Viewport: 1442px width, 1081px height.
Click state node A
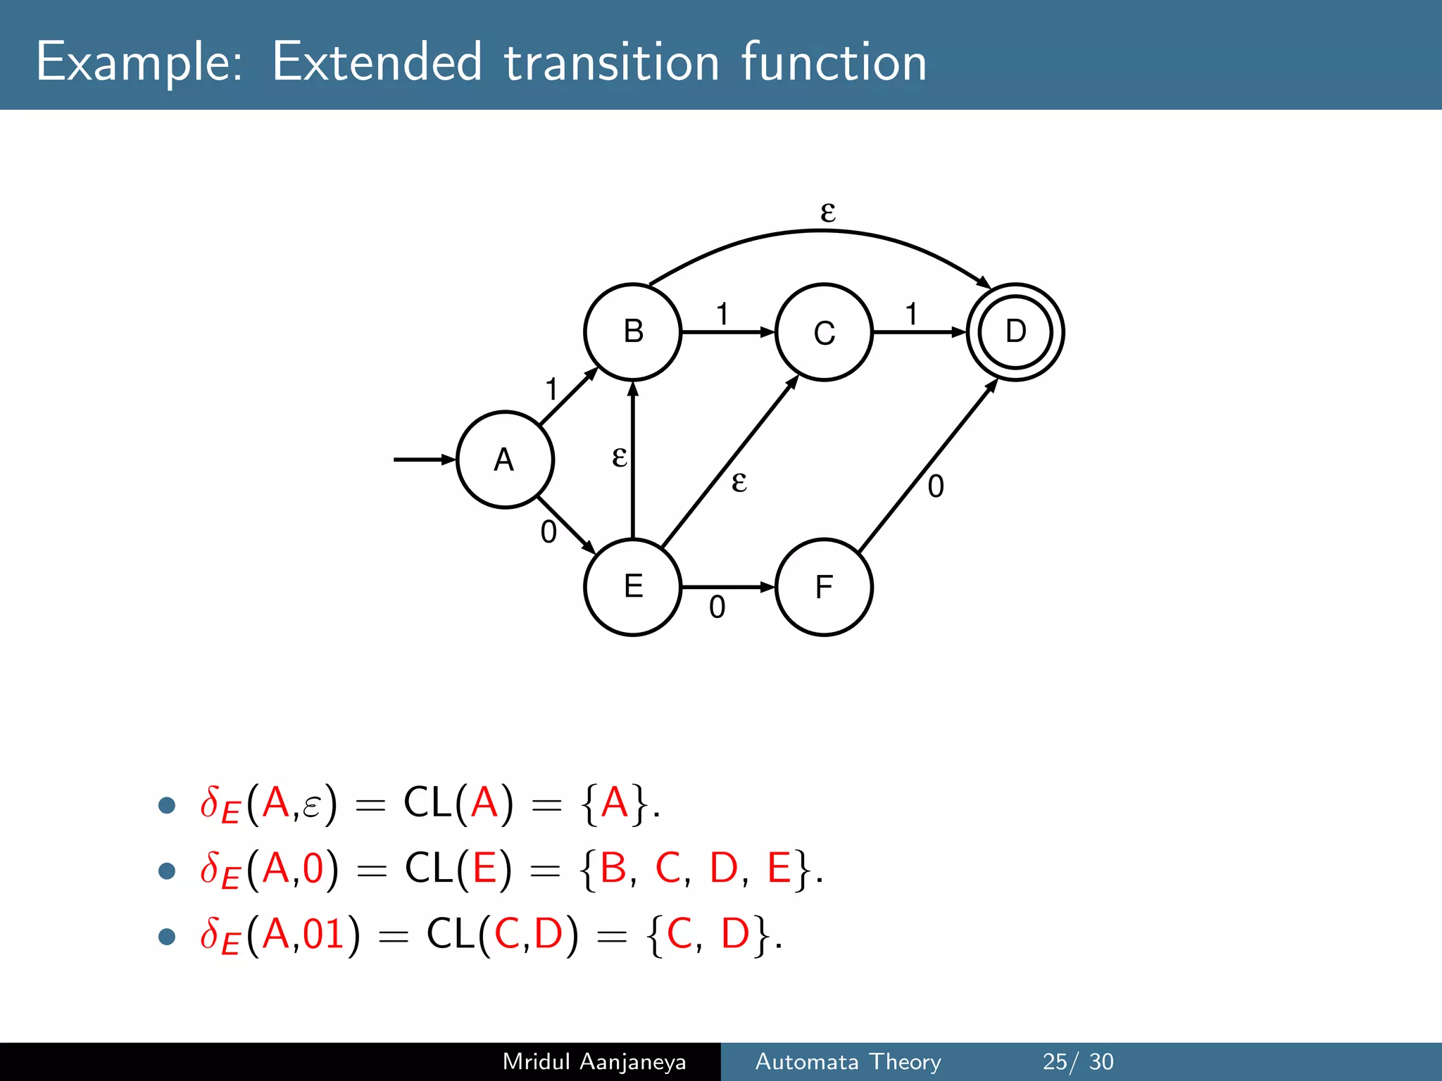click(505, 460)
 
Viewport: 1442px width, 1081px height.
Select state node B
click(633, 331)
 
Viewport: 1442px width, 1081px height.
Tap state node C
click(824, 332)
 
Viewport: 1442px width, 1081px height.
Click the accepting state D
click(1015, 331)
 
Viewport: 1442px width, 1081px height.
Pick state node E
click(633, 587)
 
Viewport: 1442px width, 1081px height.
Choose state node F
click(824, 587)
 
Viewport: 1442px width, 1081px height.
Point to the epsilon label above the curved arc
click(828, 210)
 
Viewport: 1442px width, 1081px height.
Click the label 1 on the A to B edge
click(551, 389)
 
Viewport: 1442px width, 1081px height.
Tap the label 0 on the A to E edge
click(548, 532)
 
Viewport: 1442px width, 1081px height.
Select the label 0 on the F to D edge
click(936, 486)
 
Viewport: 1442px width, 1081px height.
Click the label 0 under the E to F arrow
click(717, 607)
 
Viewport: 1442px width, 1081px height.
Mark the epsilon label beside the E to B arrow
click(619, 457)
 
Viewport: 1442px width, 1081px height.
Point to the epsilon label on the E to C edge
click(739, 481)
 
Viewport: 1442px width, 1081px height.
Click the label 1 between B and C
click(722, 314)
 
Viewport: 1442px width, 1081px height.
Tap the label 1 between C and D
click(912, 314)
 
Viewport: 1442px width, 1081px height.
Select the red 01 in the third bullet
click(323, 934)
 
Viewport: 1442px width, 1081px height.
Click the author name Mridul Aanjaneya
click(594, 1061)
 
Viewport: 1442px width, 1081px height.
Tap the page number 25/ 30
click(1077, 1061)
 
